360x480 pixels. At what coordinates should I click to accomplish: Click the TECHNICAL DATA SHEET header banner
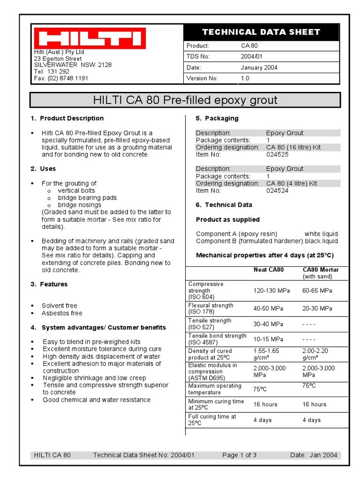pyautogui.click(x=261, y=32)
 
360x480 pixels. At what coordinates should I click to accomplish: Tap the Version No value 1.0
pyautogui.click(x=245, y=78)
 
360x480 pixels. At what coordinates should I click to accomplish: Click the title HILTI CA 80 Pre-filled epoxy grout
pyautogui.click(x=185, y=100)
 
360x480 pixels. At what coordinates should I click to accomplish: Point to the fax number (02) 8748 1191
pyautogui.click(x=61, y=78)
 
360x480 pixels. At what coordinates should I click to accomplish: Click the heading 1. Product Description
pyautogui.click(x=67, y=118)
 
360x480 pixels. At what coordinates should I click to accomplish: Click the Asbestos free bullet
pyautogui.click(x=62, y=313)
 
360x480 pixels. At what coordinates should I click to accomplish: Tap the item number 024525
pyautogui.click(x=277, y=154)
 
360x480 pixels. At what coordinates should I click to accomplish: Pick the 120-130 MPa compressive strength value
pyautogui.click(x=272, y=291)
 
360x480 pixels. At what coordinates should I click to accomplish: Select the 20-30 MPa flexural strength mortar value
pyautogui.click(x=317, y=308)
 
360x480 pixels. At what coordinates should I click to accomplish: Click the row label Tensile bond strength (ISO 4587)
pyautogui.click(x=217, y=339)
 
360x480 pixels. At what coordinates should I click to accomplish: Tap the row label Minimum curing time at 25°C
pyautogui.click(x=216, y=405)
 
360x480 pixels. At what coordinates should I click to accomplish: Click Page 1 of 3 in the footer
pyautogui.click(x=240, y=455)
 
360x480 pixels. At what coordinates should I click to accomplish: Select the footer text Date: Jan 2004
pyautogui.click(x=314, y=455)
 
